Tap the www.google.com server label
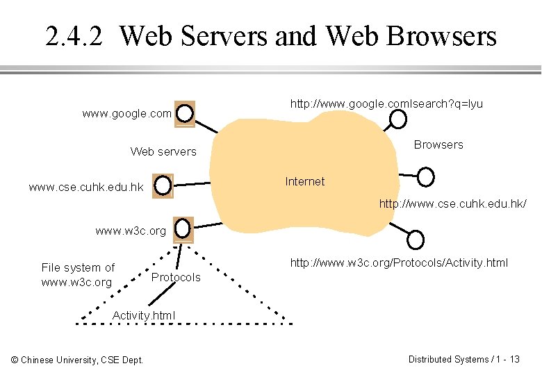pyautogui.click(x=126, y=113)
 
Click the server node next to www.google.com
pyautogui.click(x=184, y=113)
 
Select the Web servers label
pyautogui.click(x=163, y=151)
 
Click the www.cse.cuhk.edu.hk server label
pyautogui.click(x=86, y=187)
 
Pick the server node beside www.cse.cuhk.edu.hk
pyautogui.click(x=163, y=185)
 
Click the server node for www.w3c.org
pyautogui.click(x=183, y=228)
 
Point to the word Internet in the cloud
pyautogui.click(x=304, y=181)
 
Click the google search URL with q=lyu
pyautogui.click(x=386, y=103)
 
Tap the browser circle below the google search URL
pyautogui.click(x=397, y=119)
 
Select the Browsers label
pyautogui.click(x=438, y=144)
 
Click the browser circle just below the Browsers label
pyautogui.click(x=425, y=176)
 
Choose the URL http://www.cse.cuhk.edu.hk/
pyautogui.click(x=452, y=203)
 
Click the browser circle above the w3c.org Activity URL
pyautogui.click(x=415, y=240)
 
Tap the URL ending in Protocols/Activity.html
pyautogui.click(x=399, y=262)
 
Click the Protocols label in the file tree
pyautogui.click(x=176, y=277)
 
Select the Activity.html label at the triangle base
pyautogui.click(x=144, y=315)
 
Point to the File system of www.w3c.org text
pyautogui.click(x=77, y=275)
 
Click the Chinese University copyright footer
pyautogui.click(x=77, y=359)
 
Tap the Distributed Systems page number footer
pyautogui.click(x=463, y=359)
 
